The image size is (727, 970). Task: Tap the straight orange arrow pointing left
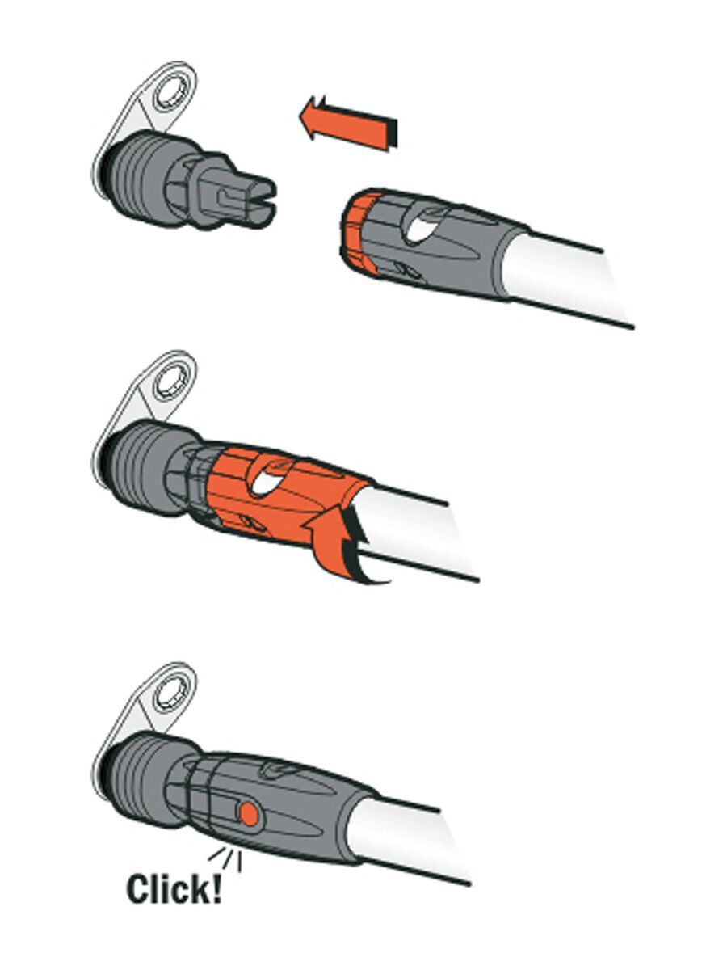point(349,124)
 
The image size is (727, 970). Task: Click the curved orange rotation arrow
point(342,542)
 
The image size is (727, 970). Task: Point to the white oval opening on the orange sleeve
point(267,480)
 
